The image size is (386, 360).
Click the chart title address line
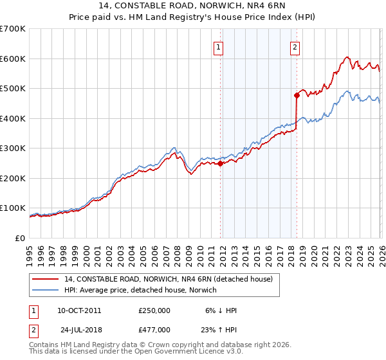[x=192, y=6]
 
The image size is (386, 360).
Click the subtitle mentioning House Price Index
[x=192, y=17]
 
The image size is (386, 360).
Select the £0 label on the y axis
[x=21, y=238]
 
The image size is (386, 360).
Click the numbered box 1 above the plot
[x=219, y=47]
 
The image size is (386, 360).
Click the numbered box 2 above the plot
[x=295, y=47]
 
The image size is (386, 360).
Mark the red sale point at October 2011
[x=220, y=163]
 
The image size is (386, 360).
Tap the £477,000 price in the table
[x=154, y=329]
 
